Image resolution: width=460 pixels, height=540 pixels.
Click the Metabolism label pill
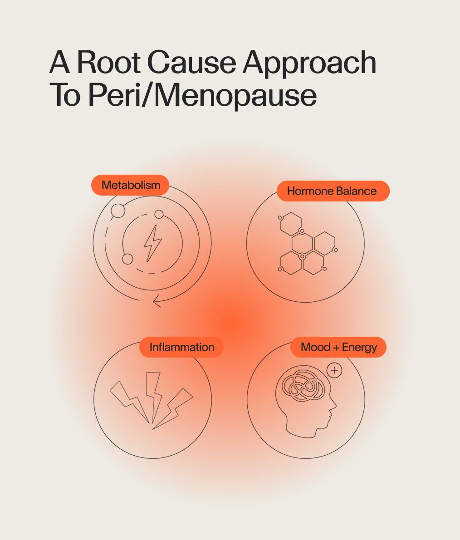tap(131, 185)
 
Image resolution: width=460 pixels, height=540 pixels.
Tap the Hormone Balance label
tap(332, 191)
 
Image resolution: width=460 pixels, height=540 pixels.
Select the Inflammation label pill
tap(181, 347)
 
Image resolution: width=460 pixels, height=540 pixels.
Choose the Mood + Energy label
tap(338, 347)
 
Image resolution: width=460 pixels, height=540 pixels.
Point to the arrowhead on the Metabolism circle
tap(157, 300)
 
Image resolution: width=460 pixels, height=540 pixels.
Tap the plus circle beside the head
tap(334, 370)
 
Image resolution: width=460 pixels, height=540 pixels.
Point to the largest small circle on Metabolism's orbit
tap(118, 211)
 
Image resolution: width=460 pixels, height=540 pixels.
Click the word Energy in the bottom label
tap(359, 347)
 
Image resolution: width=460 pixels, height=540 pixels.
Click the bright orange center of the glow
tap(232, 323)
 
